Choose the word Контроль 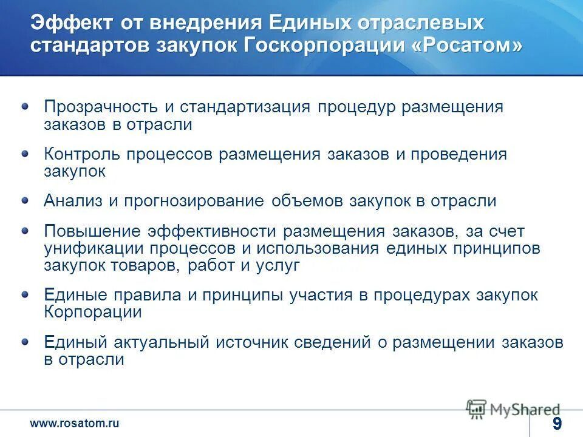(x=82, y=154)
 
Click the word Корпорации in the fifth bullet (x=93, y=313)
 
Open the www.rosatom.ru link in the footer (x=75, y=424)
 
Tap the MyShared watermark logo (x=514, y=409)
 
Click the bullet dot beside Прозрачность (x=25, y=106)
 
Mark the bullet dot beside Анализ (x=25, y=200)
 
